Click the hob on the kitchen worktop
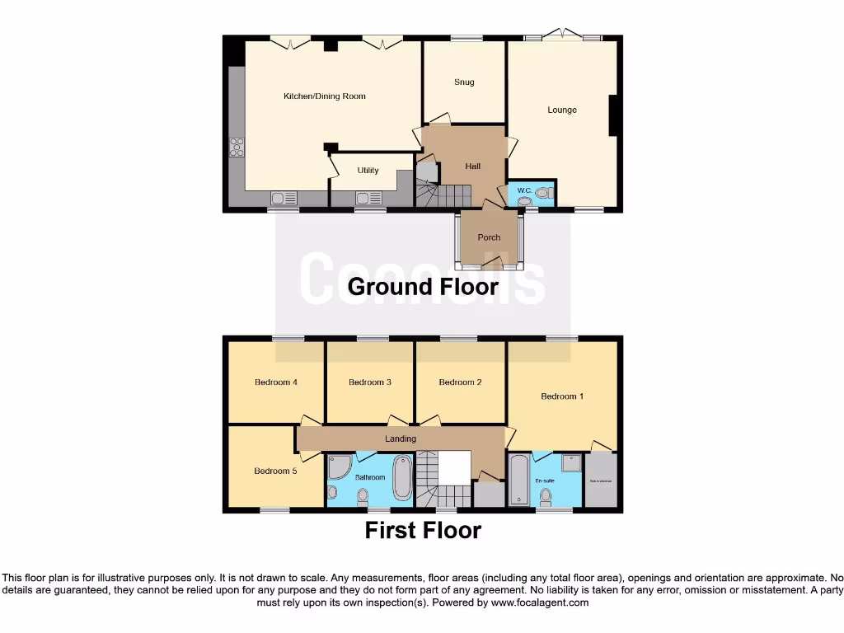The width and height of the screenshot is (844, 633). point(237,147)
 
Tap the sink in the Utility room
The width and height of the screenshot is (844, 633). point(368,197)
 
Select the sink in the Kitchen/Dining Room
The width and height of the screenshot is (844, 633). point(283,198)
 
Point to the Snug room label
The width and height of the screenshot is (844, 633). point(464,82)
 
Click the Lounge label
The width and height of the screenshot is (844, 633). point(562,110)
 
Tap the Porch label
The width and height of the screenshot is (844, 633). point(489,237)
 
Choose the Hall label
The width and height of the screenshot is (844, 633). point(472,166)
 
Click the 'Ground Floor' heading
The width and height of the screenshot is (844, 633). point(423,287)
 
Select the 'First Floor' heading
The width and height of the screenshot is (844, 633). point(423,530)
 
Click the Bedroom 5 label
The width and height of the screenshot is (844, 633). point(274,471)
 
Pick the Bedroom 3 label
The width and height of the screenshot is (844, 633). point(369,382)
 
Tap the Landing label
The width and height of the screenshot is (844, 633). point(401,438)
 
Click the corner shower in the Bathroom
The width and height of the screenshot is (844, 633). point(338,467)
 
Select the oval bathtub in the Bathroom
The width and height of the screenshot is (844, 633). point(402,478)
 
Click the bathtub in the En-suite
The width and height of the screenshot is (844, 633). point(518,480)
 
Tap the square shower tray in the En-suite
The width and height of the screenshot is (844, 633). point(571,463)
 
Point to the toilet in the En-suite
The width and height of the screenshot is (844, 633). point(546,496)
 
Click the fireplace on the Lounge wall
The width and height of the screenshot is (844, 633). point(612,116)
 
